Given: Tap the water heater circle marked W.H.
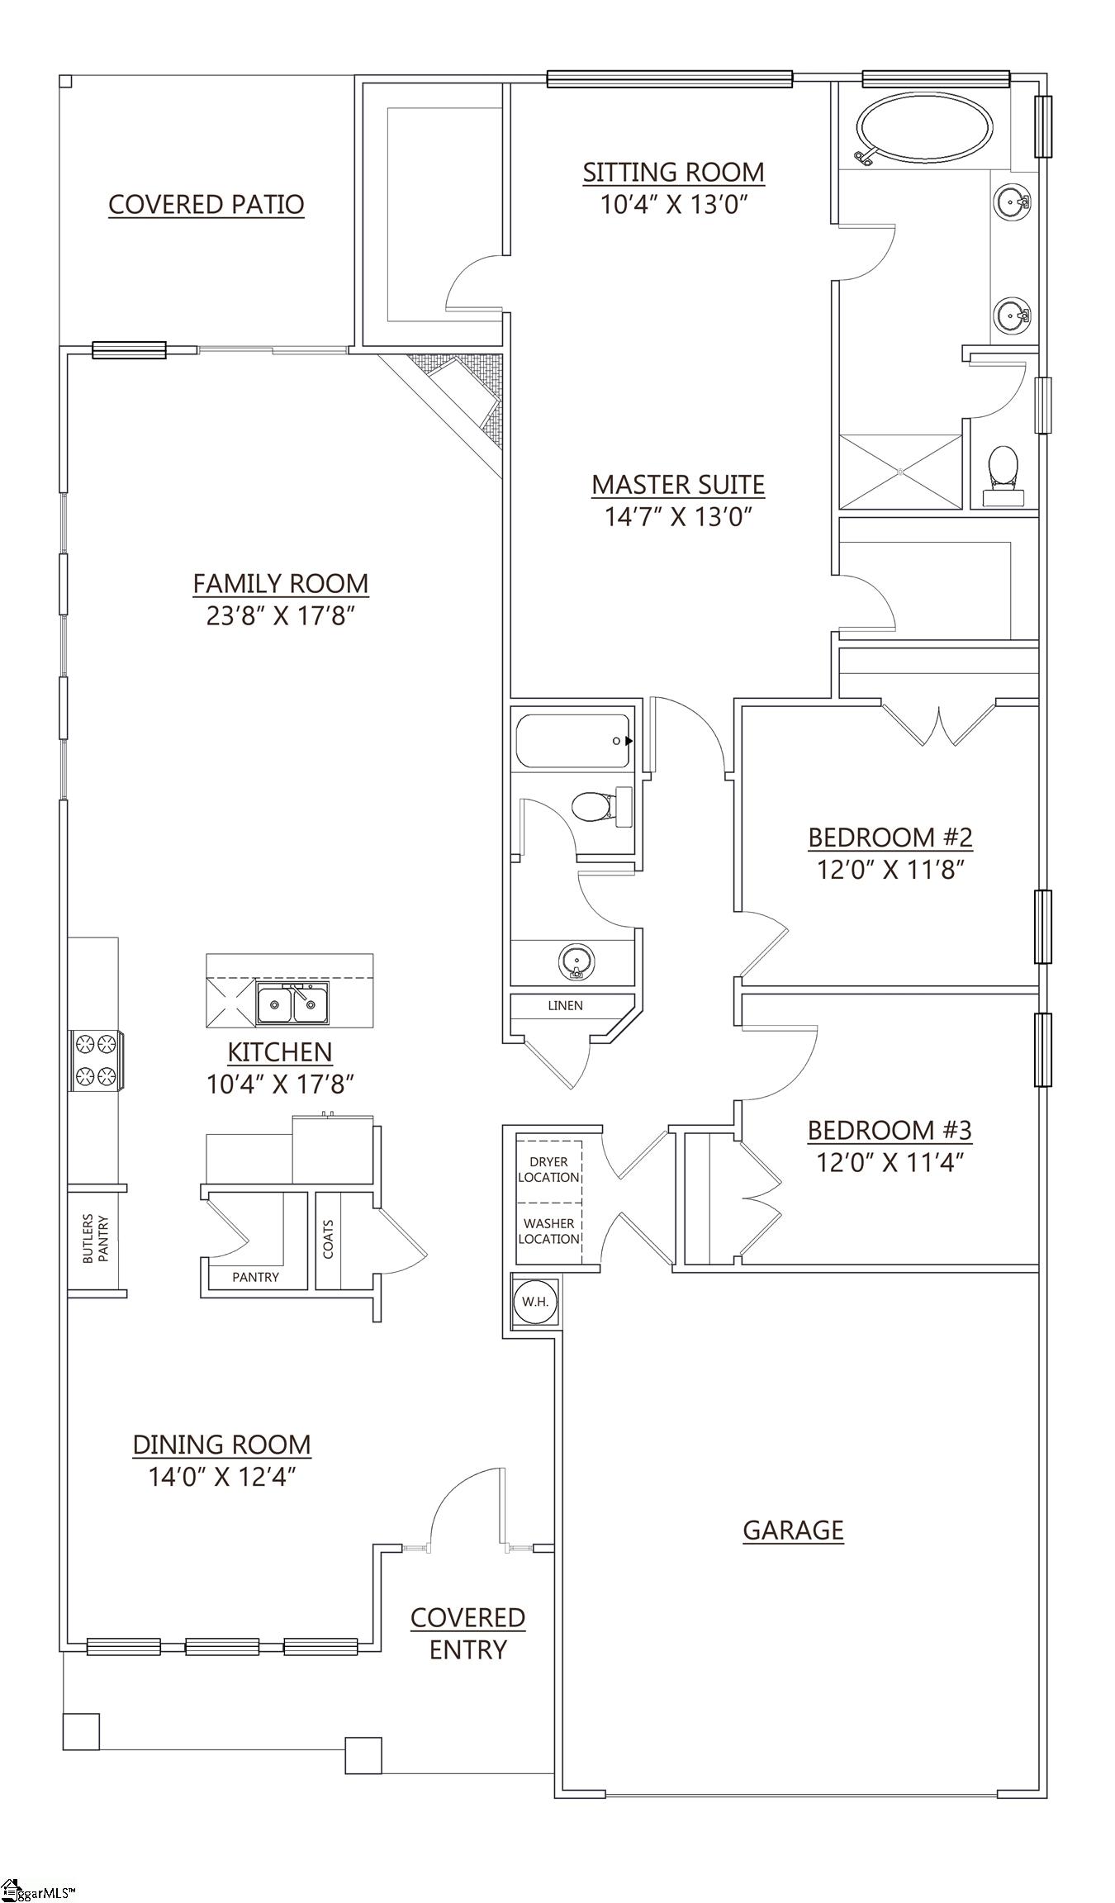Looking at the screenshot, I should coord(534,1302).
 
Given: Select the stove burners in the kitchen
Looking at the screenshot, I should coord(94,1061).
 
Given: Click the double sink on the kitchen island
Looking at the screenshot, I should coord(292,1004).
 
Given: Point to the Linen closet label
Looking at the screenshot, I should coord(565,1005).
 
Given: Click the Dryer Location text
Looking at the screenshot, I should coord(548,1170).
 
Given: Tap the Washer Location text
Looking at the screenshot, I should coord(548,1231).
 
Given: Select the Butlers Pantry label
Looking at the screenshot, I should coord(95,1238).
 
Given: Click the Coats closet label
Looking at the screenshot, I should coord(328,1239).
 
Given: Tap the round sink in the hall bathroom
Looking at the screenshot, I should coord(576,961).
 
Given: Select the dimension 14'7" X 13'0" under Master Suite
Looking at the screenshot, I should coord(678,517).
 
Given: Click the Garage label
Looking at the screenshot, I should coord(793,1530).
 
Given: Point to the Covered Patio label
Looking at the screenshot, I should coord(206,204).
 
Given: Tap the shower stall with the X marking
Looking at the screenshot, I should coord(899,471).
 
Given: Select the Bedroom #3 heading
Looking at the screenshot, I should coord(890,1129).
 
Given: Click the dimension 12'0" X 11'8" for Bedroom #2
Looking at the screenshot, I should coord(890,869).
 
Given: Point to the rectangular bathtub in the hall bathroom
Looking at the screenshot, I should coord(572,741).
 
